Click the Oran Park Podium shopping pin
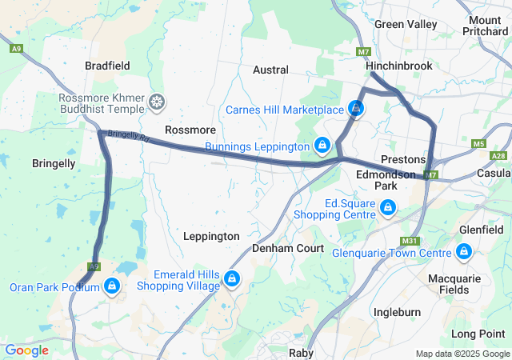(111, 286)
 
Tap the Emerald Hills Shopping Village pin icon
(231, 278)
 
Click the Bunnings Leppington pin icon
(322, 145)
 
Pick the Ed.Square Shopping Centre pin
(388, 208)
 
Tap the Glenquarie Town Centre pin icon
(463, 252)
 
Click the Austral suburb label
(270, 70)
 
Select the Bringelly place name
(54, 163)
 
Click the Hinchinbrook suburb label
(399, 65)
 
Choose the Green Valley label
(406, 24)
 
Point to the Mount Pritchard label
(485, 25)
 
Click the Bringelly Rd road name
(129, 138)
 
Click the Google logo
(26, 350)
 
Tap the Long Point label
(478, 333)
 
